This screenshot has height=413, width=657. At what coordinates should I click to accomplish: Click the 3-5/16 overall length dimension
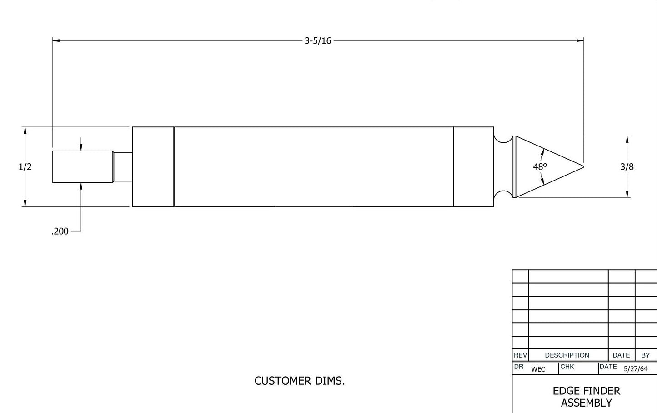coord(318,40)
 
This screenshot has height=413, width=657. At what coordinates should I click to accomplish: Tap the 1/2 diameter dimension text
coord(25,167)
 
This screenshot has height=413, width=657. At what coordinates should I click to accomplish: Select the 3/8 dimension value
coord(627,167)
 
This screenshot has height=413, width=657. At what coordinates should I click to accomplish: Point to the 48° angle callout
coord(540,167)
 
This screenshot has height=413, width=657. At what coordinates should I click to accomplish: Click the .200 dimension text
coord(60,232)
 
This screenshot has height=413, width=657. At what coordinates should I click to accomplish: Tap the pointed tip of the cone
coord(583,167)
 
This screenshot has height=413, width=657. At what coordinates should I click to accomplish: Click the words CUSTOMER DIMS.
coord(300,381)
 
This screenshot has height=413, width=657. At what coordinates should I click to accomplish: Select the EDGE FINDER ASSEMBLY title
coord(587,397)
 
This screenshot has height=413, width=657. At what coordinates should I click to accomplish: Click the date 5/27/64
coord(636,369)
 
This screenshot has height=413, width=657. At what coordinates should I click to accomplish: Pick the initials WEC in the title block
coord(538,369)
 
